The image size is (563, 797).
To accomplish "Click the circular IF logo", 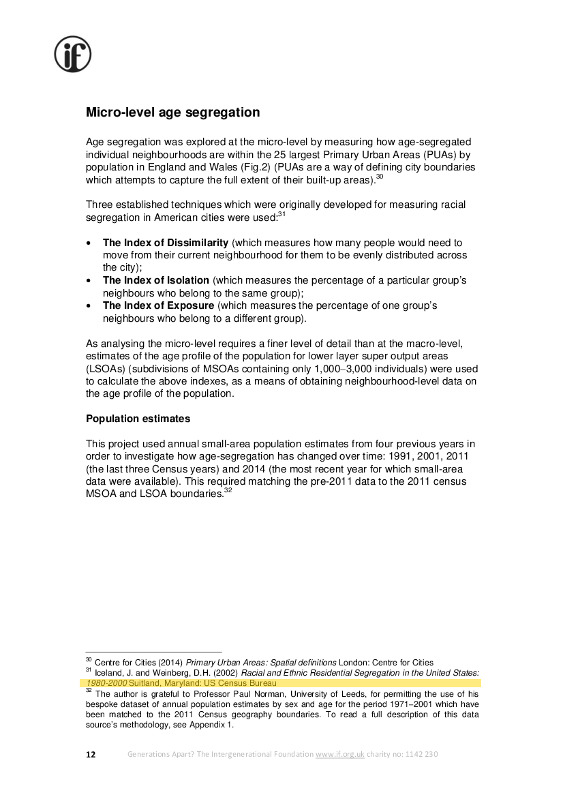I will point(73,55).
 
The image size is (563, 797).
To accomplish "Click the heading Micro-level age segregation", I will point(172,112).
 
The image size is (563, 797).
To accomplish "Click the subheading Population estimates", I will point(138,418).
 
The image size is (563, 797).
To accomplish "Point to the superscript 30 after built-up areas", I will point(380,177).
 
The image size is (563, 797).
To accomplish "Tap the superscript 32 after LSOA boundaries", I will point(228,491).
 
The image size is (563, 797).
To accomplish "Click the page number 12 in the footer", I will point(91,755).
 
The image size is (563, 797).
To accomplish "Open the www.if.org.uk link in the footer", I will point(340,755).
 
